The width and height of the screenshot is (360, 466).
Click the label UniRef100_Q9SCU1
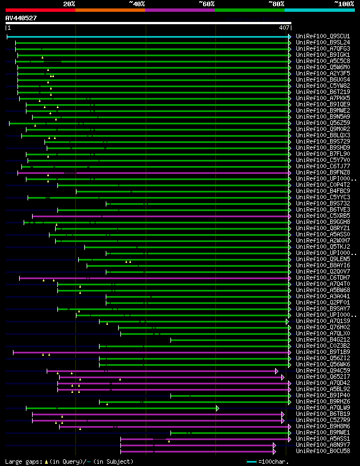pos(322,36)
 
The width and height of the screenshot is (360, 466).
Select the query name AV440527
pos(21,18)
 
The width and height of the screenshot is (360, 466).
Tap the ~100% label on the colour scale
pos(344,3)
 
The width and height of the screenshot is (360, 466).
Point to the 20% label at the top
pos(69,3)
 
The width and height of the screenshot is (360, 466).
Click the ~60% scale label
pos(206,3)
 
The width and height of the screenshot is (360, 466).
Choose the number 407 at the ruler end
pos(283,27)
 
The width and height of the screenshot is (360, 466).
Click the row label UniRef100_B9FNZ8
pos(322,172)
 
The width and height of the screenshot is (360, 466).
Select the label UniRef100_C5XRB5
pos(322,216)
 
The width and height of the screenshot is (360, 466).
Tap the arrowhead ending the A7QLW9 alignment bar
pos(217,408)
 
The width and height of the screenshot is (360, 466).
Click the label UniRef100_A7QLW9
pos(322,408)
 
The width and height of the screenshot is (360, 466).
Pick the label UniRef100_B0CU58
pos(322,451)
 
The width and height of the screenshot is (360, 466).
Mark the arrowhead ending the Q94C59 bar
pos(277,371)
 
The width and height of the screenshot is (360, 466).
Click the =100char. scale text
pos(276,461)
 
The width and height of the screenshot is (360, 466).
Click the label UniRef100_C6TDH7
pos(322,277)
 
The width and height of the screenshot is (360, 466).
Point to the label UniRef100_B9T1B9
pos(322,352)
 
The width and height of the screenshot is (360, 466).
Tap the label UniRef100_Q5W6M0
pos(322,67)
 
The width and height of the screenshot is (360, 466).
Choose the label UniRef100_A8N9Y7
pos(322,445)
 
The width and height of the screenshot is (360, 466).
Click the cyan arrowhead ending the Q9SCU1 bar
pos(290,36)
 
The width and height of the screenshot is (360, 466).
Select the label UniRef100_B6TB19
pos(322,414)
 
